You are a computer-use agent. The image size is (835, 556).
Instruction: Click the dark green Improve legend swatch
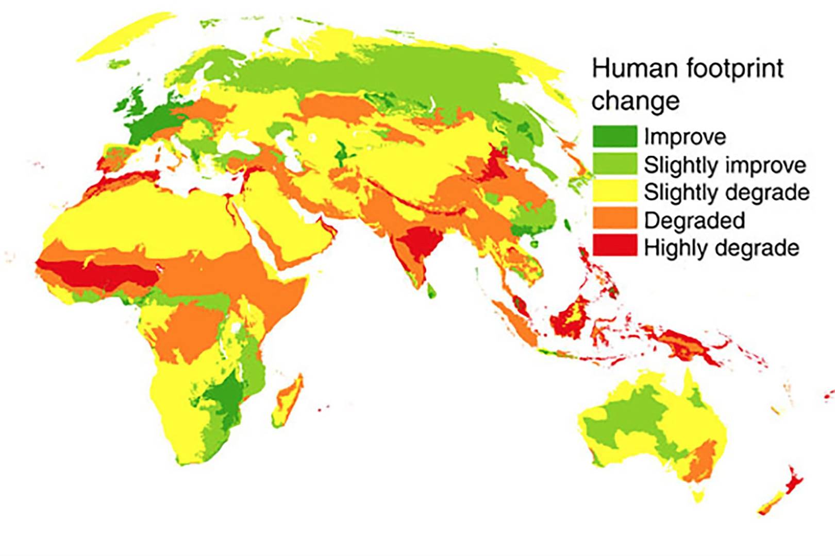coord(614,136)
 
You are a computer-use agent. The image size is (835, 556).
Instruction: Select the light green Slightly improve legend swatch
coord(614,164)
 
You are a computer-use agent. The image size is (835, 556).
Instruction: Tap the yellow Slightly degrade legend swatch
coord(614,192)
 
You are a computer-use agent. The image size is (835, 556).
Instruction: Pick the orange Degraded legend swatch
coord(614,220)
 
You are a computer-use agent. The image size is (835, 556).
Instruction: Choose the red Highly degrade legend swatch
coord(614,247)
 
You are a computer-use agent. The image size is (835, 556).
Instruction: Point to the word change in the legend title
coord(636,100)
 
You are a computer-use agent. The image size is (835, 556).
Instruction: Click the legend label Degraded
coord(694,220)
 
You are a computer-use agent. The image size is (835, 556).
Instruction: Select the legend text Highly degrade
coord(721,248)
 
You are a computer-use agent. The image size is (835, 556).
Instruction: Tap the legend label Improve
coord(684,137)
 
